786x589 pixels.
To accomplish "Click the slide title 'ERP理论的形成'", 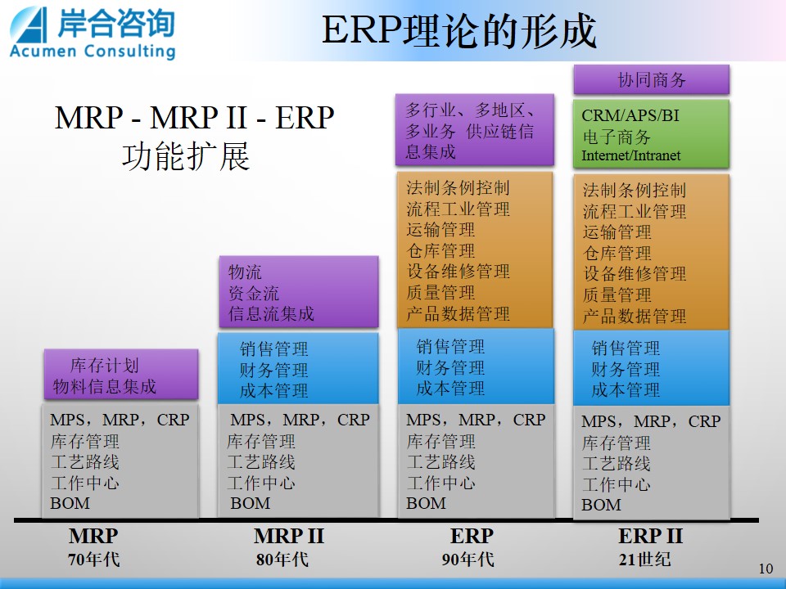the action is click(458, 31).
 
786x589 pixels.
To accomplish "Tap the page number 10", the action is click(766, 569).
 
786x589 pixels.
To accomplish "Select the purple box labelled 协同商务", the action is click(651, 79).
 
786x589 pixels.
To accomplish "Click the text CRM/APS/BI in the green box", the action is click(630, 115).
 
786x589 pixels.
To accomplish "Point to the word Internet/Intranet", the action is click(630, 155).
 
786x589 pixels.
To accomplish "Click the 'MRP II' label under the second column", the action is click(289, 537).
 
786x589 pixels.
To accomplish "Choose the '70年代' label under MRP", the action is click(93, 560).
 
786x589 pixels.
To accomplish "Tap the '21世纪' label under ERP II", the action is click(644, 560).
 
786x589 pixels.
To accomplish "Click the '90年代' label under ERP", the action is click(468, 560).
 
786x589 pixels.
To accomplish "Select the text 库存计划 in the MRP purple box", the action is click(104, 365).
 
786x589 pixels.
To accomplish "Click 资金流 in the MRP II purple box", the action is click(254, 293).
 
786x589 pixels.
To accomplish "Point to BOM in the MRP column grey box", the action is click(70, 503).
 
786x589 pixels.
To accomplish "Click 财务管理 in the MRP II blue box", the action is click(273, 370).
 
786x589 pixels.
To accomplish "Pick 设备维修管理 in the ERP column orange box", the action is click(458, 272).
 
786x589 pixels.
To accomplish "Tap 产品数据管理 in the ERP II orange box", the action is click(634, 316).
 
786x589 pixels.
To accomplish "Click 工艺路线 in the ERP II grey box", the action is click(616, 463).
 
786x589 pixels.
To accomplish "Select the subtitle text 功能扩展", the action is click(186, 156).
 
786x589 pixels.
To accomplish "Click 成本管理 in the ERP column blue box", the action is click(450, 389).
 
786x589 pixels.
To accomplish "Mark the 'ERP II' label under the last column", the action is click(650, 537).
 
